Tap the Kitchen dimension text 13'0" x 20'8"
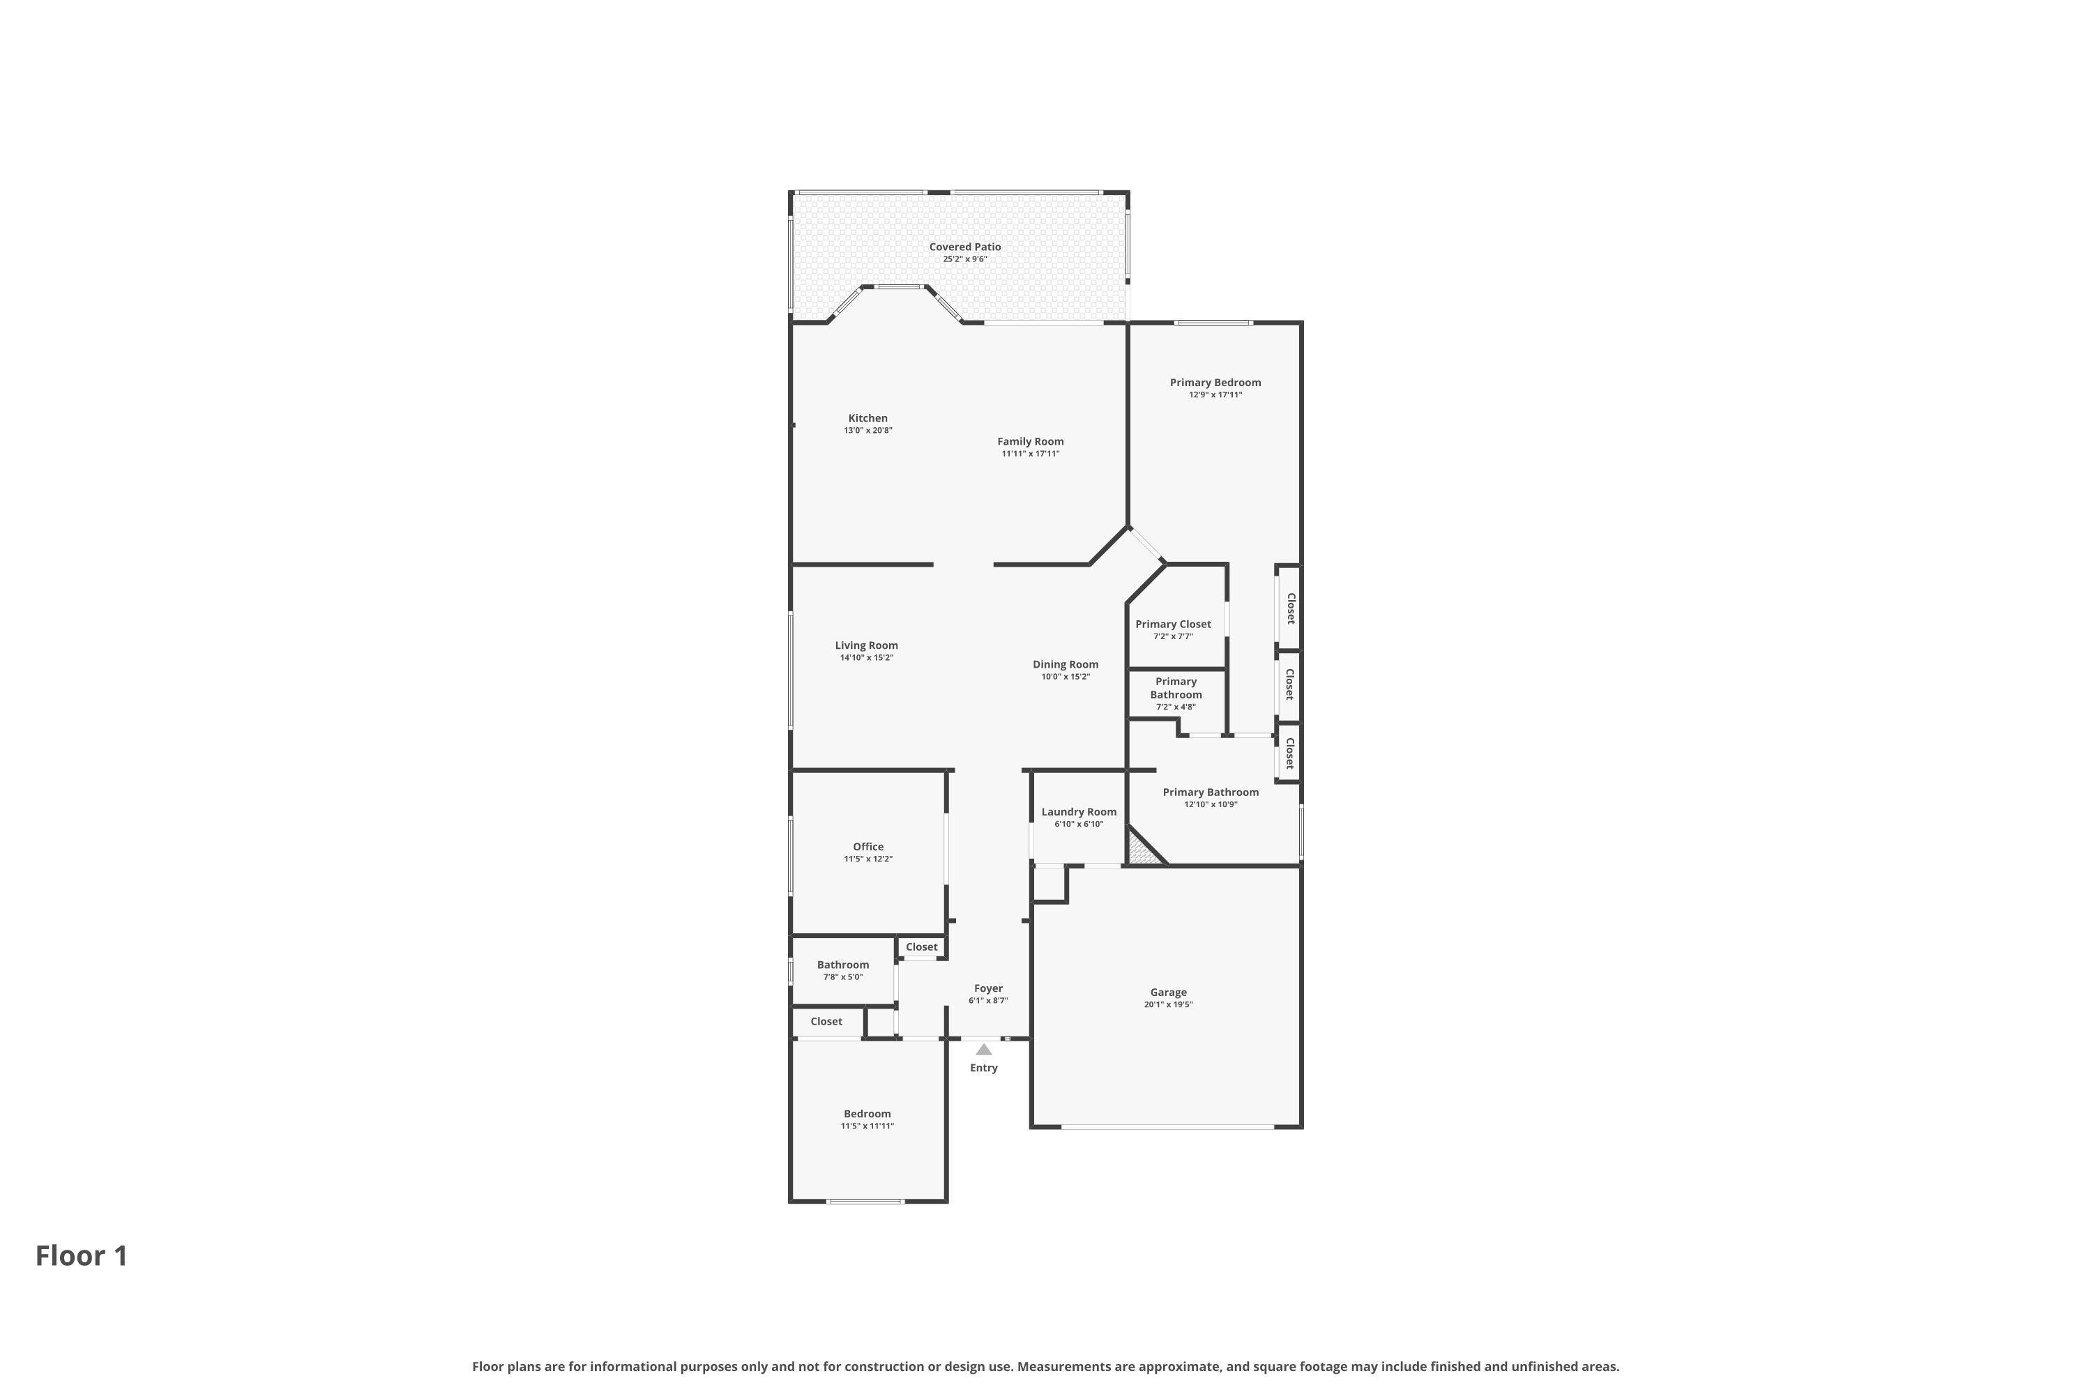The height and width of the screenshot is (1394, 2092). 868,430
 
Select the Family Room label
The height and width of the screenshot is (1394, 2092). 1030,441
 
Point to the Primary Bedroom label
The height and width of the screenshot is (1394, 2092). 1215,382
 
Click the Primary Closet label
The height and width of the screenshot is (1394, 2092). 1173,624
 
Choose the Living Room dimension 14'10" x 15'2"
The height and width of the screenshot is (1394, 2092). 866,658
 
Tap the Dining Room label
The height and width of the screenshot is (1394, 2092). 1066,664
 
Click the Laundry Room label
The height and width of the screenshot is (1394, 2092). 1079,812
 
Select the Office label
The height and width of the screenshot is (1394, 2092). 868,846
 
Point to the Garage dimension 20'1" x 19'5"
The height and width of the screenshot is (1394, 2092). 1169,1004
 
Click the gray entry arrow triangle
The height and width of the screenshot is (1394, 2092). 984,1049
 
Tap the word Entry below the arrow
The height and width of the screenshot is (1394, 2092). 984,1068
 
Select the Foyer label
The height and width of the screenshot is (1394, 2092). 988,988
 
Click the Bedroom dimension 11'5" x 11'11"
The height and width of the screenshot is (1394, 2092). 867,1126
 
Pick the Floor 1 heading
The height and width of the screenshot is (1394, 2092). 82,1255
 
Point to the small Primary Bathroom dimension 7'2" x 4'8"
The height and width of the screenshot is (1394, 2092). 1176,707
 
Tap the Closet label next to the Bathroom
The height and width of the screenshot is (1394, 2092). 826,1022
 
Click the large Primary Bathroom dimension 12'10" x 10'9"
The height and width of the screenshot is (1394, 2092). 1211,804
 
